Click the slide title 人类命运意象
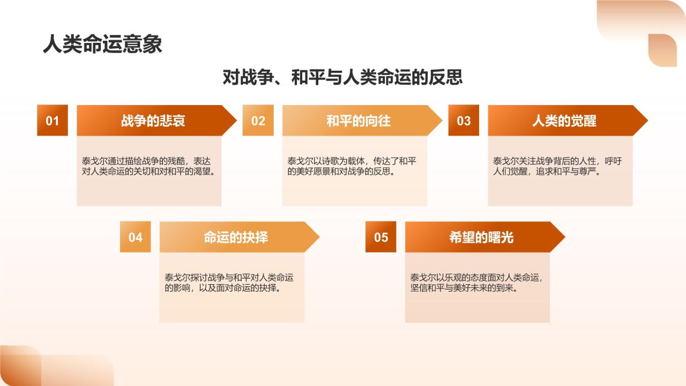[x=102, y=44]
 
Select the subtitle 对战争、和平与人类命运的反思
[x=342, y=77]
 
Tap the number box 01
[x=53, y=121]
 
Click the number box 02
[x=258, y=121]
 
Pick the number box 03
[x=464, y=121]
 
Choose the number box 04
[x=136, y=237]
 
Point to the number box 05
[x=381, y=237]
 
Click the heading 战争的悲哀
[x=153, y=121]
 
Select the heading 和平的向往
[x=359, y=121]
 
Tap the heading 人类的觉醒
[x=564, y=121]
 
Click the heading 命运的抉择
[x=235, y=237]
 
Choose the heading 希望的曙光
[x=481, y=237]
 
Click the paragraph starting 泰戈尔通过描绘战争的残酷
[x=149, y=167]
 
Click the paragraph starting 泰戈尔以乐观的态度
[x=477, y=283]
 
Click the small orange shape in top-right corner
[x=662, y=50]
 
